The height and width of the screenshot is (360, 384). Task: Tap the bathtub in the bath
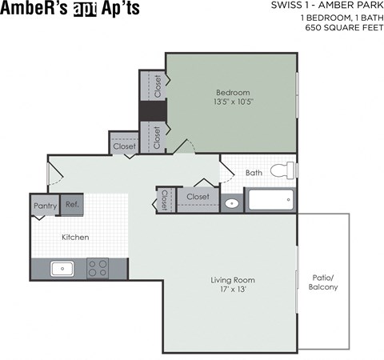(270, 200)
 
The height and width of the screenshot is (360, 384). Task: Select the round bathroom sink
(232, 202)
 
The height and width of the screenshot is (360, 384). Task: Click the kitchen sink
(62, 268)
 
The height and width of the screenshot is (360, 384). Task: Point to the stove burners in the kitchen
(98, 268)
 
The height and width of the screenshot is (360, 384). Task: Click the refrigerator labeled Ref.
(72, 205)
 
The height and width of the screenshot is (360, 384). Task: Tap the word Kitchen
(75, 237)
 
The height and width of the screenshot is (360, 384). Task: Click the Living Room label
(232, 280)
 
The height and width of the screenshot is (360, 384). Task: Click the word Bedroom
(233, 92)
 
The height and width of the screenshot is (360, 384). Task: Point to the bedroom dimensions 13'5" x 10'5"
(233, 102)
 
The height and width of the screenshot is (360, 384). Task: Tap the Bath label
(254, 172)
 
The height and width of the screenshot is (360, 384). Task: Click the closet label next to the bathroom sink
(198, 196)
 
